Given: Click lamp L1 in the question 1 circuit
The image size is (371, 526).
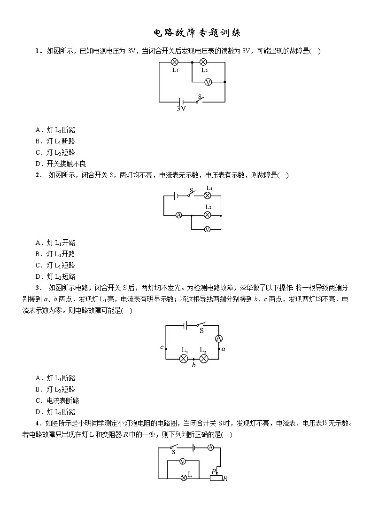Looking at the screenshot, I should tap(174, 62).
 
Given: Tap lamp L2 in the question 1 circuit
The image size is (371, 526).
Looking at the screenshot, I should tap(204, 62).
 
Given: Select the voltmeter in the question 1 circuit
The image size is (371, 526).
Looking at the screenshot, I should tap(209, 82).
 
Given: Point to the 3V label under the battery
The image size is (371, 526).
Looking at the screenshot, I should tap(181, 109).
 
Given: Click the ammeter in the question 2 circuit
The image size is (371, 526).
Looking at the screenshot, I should tap(178, 215).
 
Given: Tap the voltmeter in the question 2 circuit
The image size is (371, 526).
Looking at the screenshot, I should tap(207, 229).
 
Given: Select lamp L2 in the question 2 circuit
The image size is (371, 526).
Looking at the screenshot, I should tap(207, 215).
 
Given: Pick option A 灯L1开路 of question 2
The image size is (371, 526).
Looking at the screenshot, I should tap(55, 243).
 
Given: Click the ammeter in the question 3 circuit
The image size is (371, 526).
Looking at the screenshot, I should tap(218, 338).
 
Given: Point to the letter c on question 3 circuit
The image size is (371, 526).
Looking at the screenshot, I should tap(161, 347).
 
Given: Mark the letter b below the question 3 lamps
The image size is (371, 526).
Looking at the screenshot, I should tap(193, 365).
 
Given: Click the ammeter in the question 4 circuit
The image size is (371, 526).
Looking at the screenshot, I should tap(211, 447).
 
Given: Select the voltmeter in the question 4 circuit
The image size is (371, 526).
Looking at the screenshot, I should tap(184, 462).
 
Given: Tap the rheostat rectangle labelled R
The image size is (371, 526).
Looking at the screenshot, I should tap(216, 478).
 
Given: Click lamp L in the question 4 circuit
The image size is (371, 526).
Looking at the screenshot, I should tap(184, 477).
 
